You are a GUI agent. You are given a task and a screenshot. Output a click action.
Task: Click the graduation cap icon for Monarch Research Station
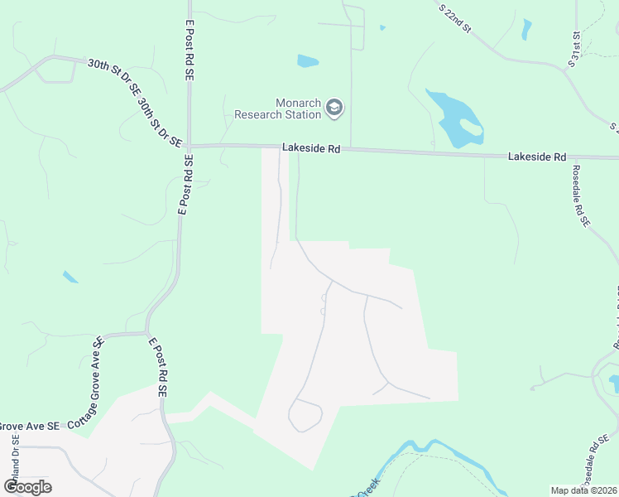pos(333,107)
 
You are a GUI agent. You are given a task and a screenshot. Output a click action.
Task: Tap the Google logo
pos(27,486)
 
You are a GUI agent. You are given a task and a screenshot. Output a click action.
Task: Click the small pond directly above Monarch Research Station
pos(307,60)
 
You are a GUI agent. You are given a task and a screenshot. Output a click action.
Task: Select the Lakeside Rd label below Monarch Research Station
pos(311,147)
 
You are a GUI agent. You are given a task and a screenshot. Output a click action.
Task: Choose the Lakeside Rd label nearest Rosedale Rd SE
pos(537,156)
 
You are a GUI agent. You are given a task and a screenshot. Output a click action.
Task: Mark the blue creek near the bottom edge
pos(430,450)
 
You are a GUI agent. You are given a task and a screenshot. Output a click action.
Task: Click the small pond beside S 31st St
pos(527,29)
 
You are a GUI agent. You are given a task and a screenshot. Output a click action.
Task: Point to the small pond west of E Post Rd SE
pos(70,277)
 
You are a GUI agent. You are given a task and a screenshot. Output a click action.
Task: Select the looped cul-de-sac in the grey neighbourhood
pos(305,415)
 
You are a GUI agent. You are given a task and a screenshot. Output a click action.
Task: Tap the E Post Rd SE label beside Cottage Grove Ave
pos(160,366)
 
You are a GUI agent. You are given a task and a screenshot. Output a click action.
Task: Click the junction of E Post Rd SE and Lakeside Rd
pos(189,146)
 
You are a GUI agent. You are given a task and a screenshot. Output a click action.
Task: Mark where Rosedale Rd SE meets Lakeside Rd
pos(569,157)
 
